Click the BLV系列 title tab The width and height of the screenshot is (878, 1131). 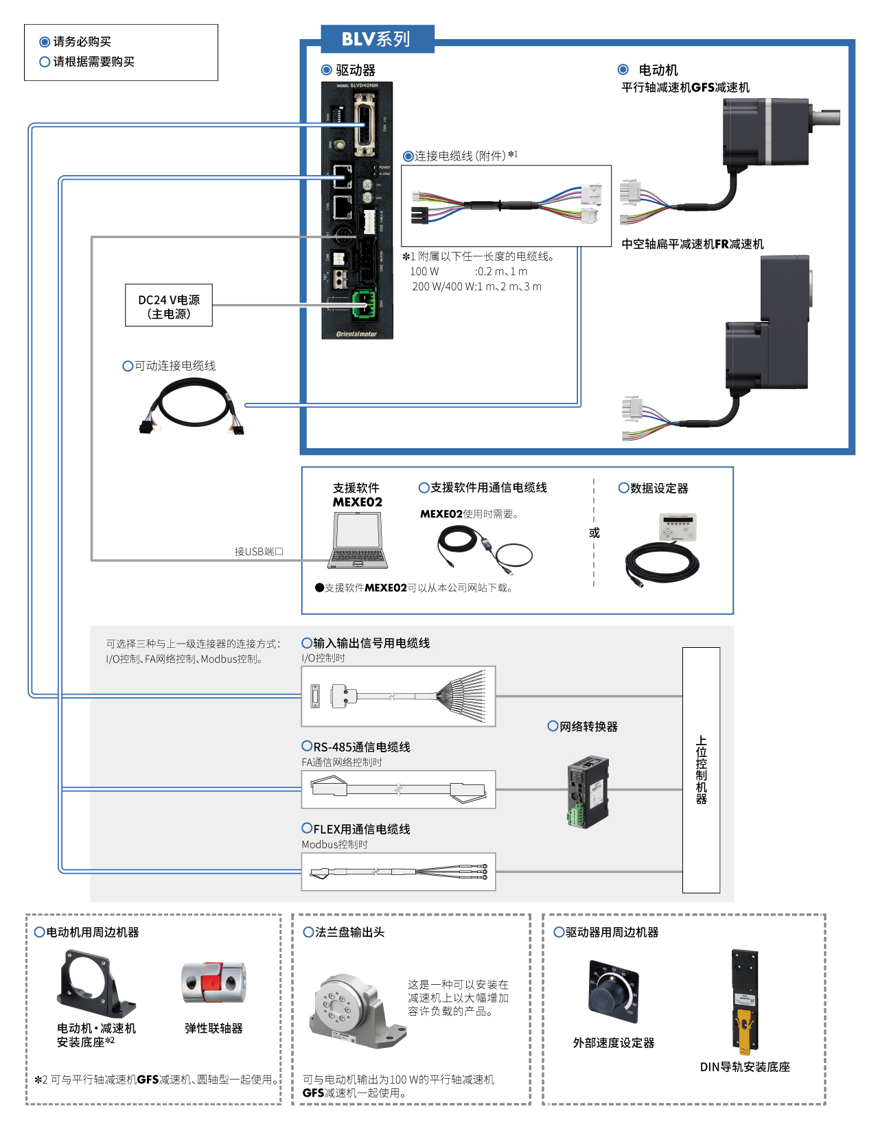click(x=377, y=39)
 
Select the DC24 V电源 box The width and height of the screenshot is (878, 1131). click(x=169, y=306)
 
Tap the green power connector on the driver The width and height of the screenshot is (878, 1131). click(x=364, y=303)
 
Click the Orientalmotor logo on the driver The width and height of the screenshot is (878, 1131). click(x=357, y=334)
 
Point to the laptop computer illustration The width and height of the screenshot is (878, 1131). click(x=358, y=541)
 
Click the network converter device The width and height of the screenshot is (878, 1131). click(x=588, y=792)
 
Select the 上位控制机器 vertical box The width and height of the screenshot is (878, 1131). click(x=701, y=770)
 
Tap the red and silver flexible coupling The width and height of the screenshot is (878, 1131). click(x=213, y=982)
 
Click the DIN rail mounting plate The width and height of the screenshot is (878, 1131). click(x=745, y=1001)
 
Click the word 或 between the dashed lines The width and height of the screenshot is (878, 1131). click(x=594, y=533)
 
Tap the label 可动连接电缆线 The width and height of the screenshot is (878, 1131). click(x=175, y=366)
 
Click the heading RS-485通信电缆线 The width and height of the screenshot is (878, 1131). click(x=362, y=747)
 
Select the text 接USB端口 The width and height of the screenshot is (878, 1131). click(x=259, y=552)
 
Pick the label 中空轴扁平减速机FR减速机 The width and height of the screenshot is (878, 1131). click(x=693, y=244)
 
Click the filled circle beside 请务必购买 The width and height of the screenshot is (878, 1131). click(x=45, y=42)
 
